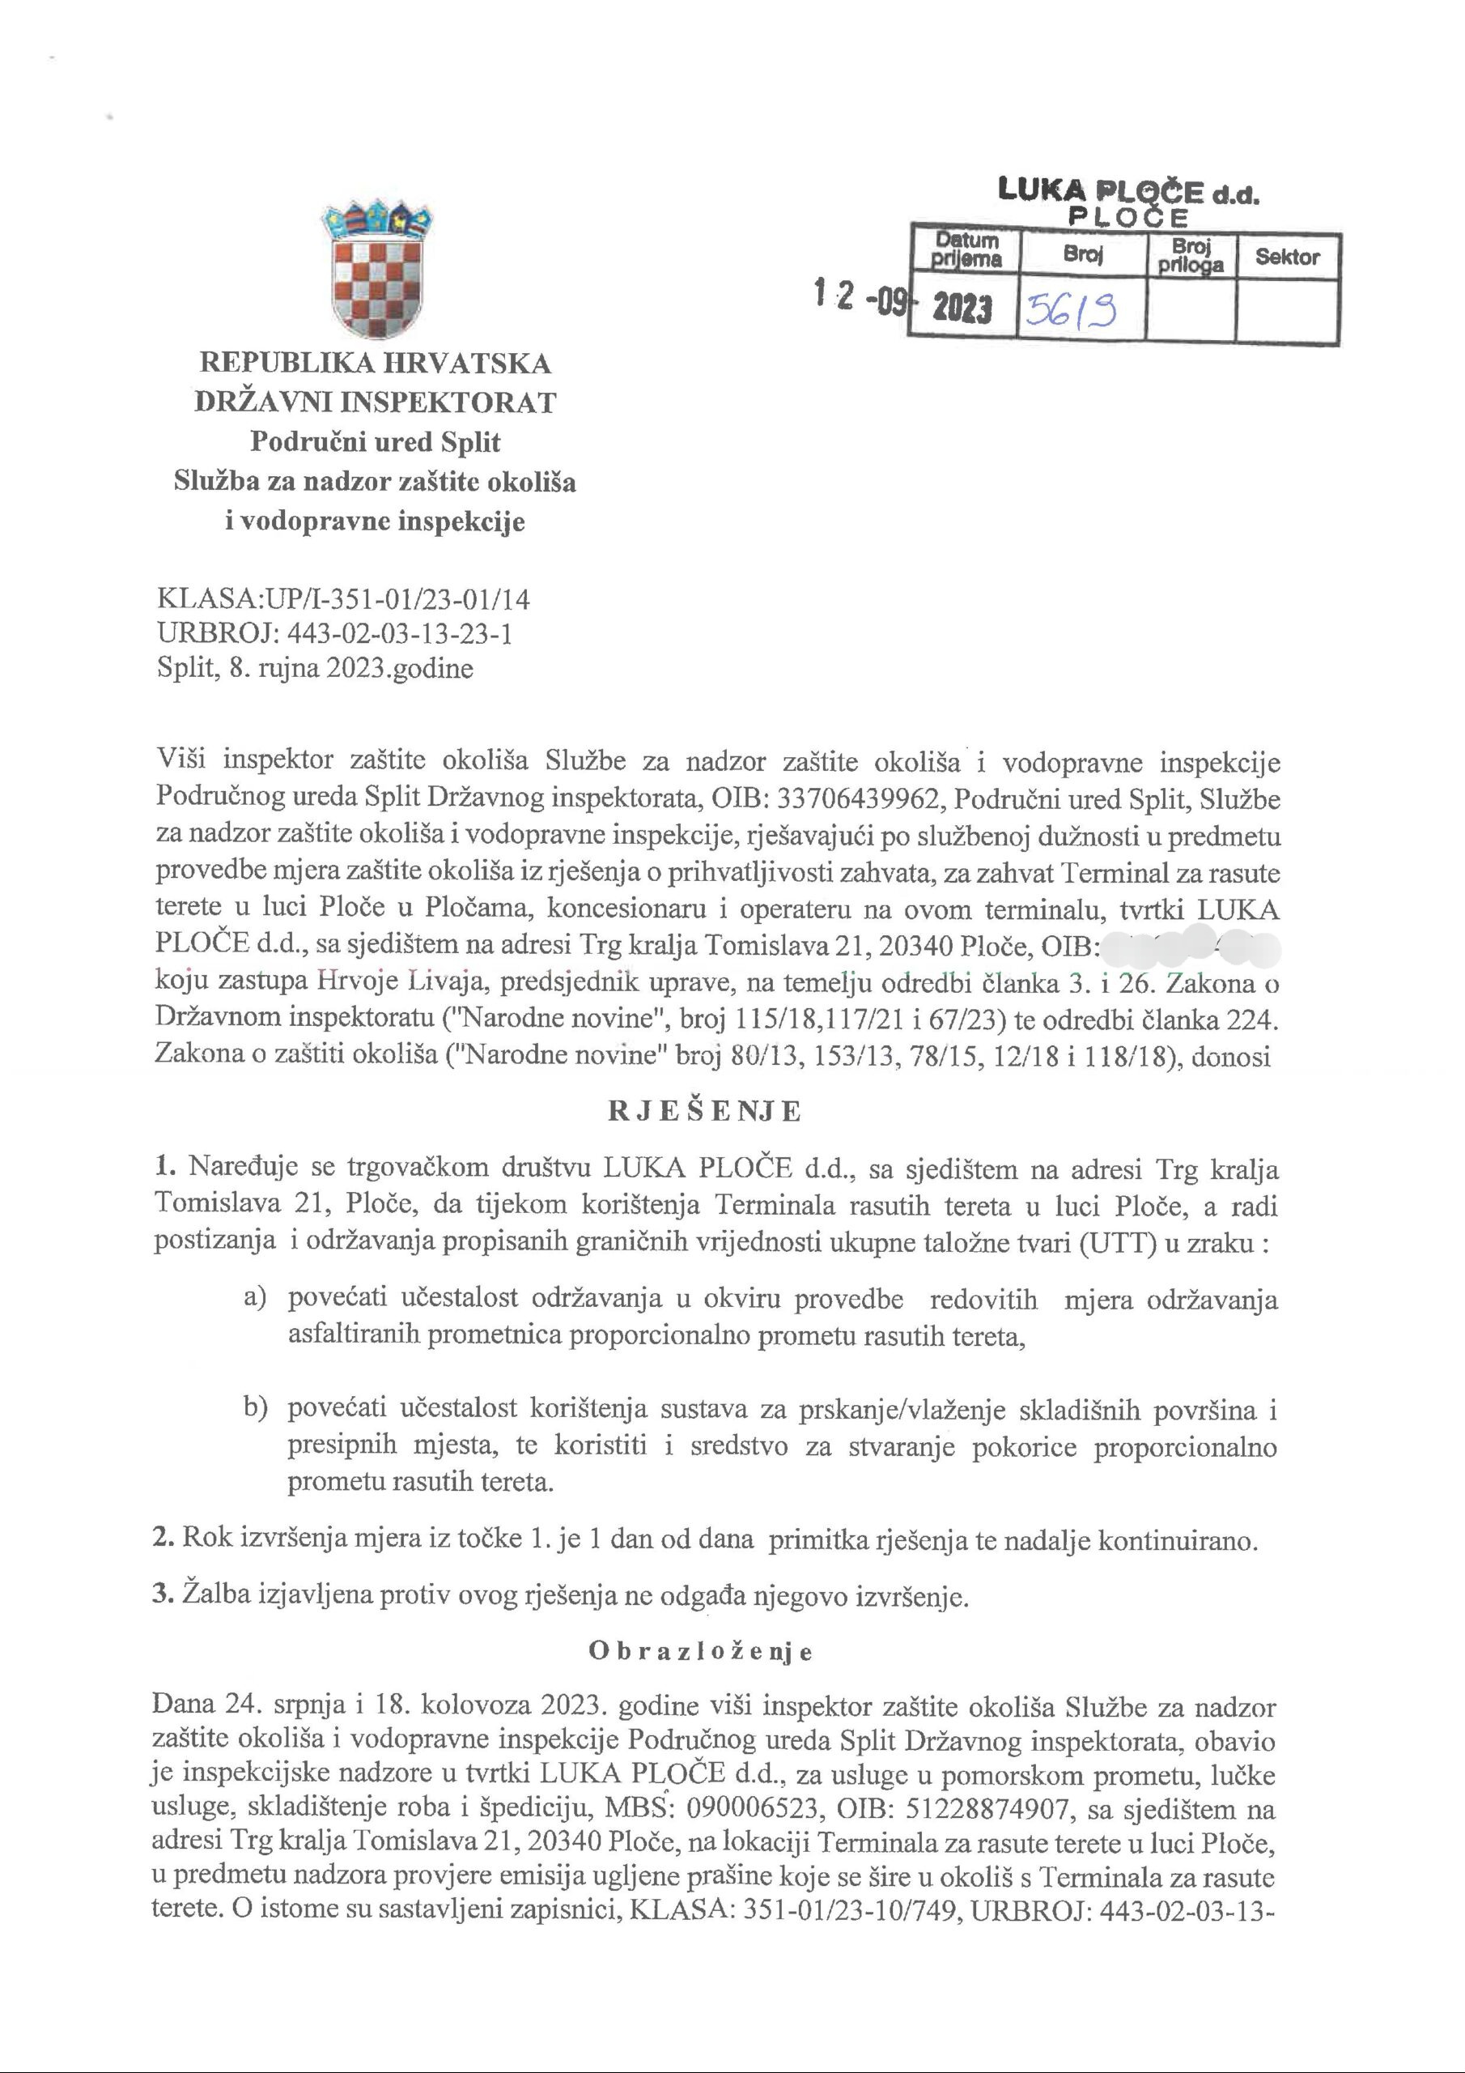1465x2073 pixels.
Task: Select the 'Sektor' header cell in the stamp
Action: pos(1287,257)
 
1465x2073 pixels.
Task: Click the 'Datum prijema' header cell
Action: pos(966,251)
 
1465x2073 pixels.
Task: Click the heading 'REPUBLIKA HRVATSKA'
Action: pos(375,363)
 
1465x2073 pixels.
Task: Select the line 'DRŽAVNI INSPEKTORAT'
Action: pos(375,402)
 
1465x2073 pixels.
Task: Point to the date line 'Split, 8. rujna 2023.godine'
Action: pos(314,668)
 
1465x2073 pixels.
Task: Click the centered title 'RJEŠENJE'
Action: pos(705,1112)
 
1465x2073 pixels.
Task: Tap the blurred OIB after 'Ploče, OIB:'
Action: pos(1191,947)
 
